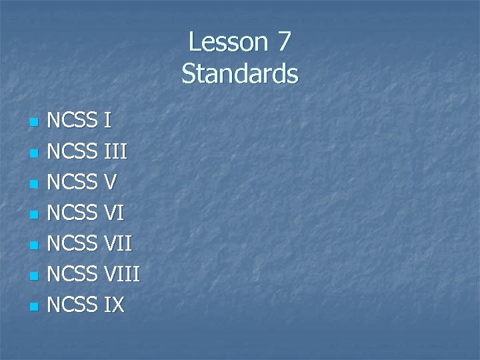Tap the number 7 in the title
(x=283, y=42)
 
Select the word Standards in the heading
(x=240, y=73)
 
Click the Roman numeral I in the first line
(x=107, y=121)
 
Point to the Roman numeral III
(x=115, y=151)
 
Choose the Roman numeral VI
(x=114, y=213)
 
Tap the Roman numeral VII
(x=118, y=243)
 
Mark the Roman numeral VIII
(x=122, y=274)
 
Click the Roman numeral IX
(x=114, y=305)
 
